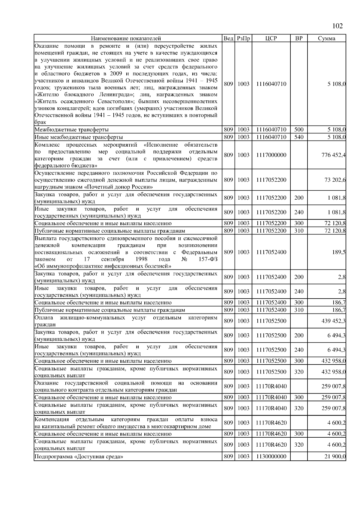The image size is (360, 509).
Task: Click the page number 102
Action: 337,26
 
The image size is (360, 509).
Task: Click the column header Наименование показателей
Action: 126,38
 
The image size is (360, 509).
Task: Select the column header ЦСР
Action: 271,38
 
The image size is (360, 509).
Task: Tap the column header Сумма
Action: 326,38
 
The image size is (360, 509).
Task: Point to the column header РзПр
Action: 243,38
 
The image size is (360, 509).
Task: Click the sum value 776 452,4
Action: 333,155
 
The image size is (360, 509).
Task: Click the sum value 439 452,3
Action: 333,321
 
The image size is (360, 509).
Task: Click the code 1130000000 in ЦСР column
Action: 271,456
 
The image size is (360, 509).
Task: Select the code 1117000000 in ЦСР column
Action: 271,155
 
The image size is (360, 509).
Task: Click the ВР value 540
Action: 299,137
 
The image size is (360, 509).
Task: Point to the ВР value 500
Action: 299,130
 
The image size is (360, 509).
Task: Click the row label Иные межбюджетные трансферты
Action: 79,137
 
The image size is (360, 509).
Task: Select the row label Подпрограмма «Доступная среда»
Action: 79,457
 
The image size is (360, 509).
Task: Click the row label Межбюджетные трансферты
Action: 71,130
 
